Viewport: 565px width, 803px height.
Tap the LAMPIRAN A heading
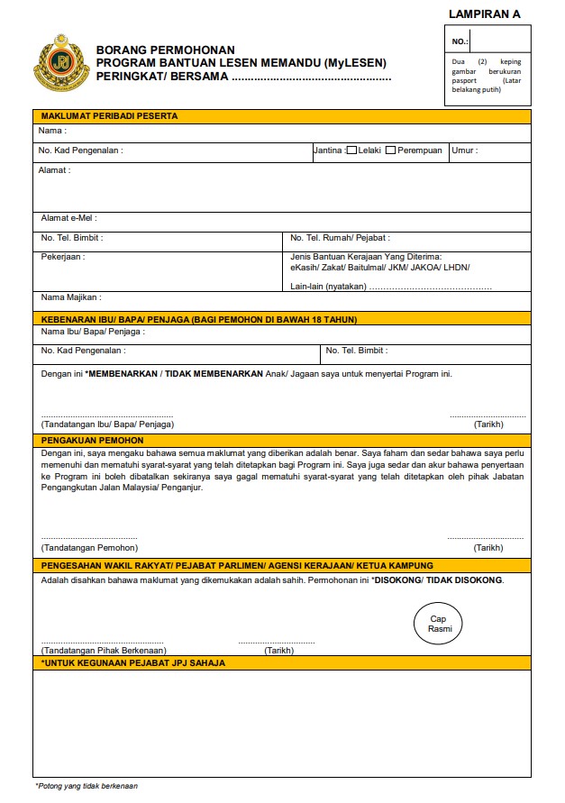click(484, 14)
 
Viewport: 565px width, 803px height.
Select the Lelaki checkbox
click(351, 151)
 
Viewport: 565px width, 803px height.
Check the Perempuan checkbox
click(390, 151)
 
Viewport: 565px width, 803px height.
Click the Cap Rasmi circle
click(439, 624)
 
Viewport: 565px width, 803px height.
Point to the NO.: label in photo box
click(460, 41)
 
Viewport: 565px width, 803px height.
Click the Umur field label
click(464, 151)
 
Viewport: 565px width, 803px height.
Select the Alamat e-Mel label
click(68, 218)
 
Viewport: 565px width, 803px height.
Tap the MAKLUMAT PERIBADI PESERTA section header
click(109, 116)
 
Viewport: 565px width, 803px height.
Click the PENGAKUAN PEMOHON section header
click(92, 440)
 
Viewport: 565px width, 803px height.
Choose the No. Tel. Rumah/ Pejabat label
click(340, 238)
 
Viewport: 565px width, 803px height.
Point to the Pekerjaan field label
click(62, 257)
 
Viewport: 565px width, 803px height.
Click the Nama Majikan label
click(70, 297)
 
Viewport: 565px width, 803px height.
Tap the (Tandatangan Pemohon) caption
click(89, 547)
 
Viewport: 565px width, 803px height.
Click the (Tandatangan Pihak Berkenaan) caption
click(104, 650)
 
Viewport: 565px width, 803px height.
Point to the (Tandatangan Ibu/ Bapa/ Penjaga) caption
click(107, 424)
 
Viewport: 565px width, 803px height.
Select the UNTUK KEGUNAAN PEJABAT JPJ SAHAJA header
click(133, 662)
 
